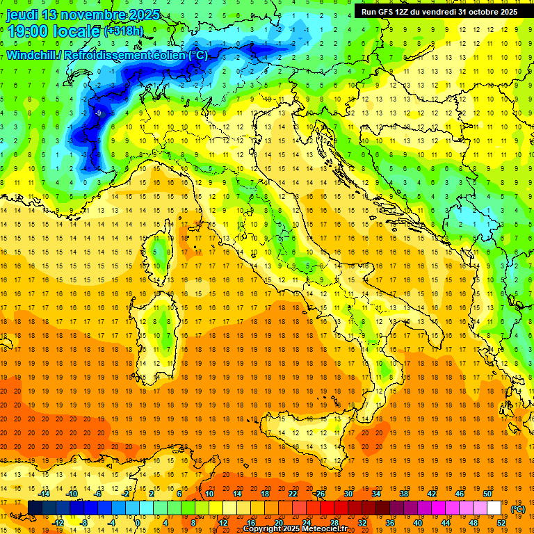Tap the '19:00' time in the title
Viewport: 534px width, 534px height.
click(x=28, y=31)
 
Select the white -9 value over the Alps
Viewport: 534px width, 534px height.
click(x=99, y=113)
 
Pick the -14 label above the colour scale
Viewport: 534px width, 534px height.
click(x=44, y=494)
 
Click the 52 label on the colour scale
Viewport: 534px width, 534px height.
click(x=502, y=523)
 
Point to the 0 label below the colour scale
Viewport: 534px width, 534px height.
click(x=137, y=523)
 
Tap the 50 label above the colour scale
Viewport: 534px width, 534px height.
click(x=487, y=494)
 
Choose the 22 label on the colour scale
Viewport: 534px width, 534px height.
click(x=293, y=494)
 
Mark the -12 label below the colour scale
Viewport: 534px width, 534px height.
click(x=58, y=523)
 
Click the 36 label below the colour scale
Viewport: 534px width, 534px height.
click(x=390, y=523)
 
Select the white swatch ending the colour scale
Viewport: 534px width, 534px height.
click(x=494, y=508)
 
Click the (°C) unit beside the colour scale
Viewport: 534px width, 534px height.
click(x=518, y=509)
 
